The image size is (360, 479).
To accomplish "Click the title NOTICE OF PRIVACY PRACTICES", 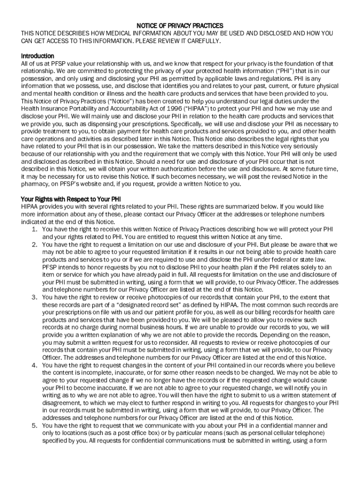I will tap(180, 25).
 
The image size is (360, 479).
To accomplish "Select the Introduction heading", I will tap(37, 56).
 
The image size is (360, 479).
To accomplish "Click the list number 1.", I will tap(35, 229).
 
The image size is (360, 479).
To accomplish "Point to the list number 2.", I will tap(35, 245).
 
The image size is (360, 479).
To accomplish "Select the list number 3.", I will tap(35, 298).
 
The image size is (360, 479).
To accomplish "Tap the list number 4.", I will tap(35, 365).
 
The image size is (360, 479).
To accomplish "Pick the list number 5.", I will tap(35, 426).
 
